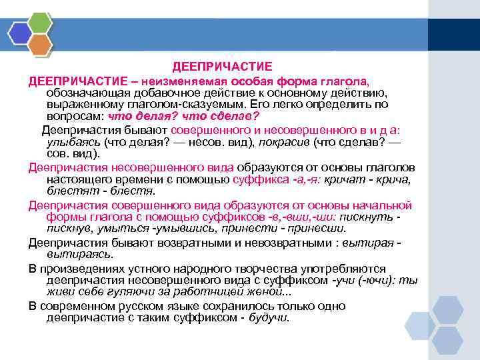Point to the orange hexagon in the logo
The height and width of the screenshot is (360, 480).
[x=41, y=44]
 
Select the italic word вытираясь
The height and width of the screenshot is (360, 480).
[x=80, y=254]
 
